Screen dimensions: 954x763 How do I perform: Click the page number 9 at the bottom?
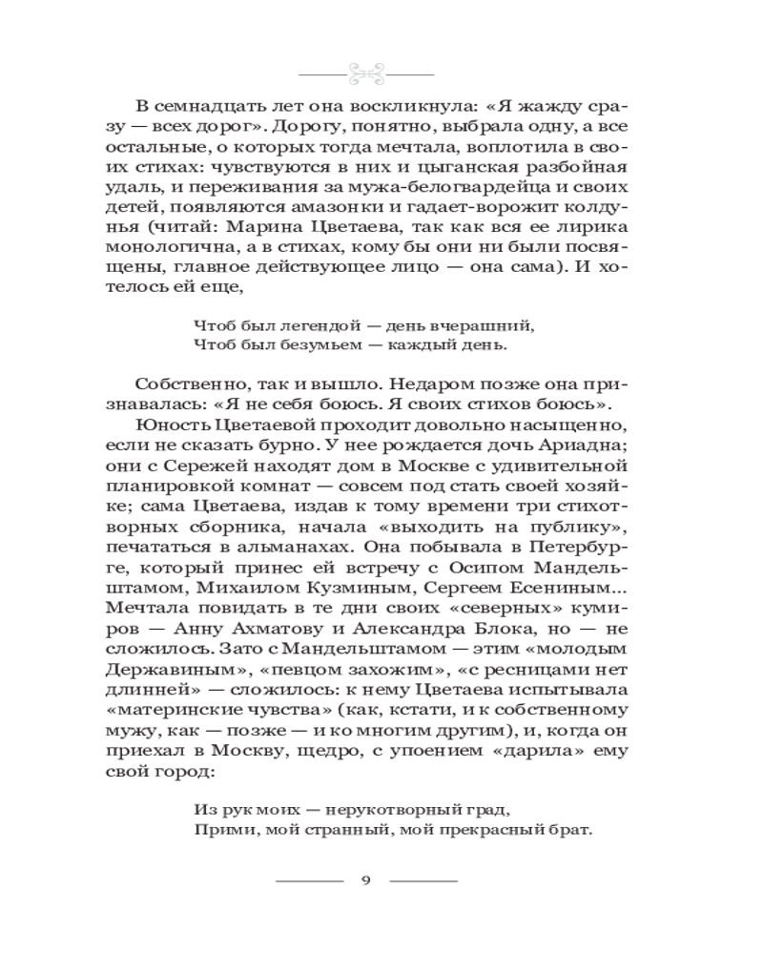point(366,879)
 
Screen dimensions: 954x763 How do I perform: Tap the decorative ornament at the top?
point(366,73)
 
